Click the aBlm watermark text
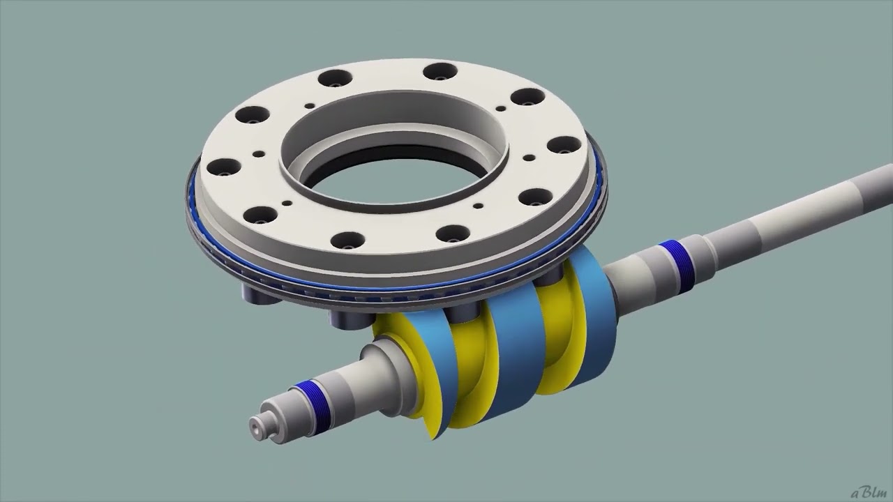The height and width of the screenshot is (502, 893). (868, 493)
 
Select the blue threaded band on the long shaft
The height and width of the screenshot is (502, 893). (675, 257)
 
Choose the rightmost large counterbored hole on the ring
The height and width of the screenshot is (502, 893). (564, 145)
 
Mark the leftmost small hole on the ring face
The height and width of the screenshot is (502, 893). (258, 154)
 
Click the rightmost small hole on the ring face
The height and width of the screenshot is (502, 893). (528, 158)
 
